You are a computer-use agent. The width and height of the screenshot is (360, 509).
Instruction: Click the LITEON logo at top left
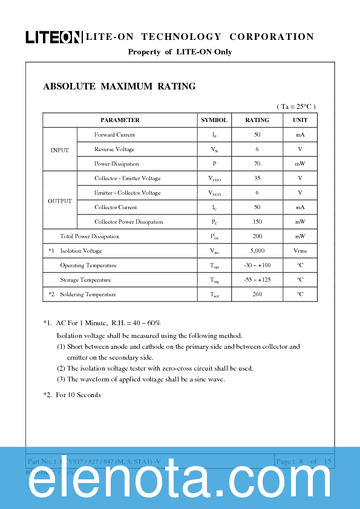pos(53,37)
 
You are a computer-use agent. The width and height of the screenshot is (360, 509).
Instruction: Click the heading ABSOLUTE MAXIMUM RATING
pos(119,86)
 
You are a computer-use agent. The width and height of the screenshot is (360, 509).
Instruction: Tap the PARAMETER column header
pos(120,120)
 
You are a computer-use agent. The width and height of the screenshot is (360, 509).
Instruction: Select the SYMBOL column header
pos(214,120)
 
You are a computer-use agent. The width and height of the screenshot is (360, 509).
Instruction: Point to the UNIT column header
pos(300,120)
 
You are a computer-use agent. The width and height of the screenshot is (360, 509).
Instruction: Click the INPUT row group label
pos(60,150)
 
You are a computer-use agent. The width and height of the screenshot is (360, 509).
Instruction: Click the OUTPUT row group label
pos(60,201)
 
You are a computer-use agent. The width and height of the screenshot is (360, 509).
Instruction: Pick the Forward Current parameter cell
pos(115,135)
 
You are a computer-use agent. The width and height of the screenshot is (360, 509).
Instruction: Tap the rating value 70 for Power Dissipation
pos(257,164)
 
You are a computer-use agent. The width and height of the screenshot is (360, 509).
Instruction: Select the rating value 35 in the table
pos(257,178)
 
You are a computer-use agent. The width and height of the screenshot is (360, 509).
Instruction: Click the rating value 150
pos(257,222)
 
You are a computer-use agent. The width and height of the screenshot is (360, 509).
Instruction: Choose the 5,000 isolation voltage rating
pos(257,251)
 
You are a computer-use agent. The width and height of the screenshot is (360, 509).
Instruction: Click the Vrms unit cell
pos(300,251)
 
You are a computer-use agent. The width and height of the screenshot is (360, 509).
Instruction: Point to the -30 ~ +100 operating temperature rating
pos(257,265)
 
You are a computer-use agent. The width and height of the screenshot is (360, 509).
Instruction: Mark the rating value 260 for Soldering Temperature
pos(257,294)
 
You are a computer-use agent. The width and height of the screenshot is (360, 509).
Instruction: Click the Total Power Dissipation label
pos(90,236)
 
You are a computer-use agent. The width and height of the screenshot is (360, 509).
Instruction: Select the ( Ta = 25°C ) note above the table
pos(296,106)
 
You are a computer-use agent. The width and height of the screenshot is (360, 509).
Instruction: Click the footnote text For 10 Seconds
pos(78,395)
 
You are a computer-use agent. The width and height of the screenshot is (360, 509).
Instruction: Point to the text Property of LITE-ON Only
pos(180,52)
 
